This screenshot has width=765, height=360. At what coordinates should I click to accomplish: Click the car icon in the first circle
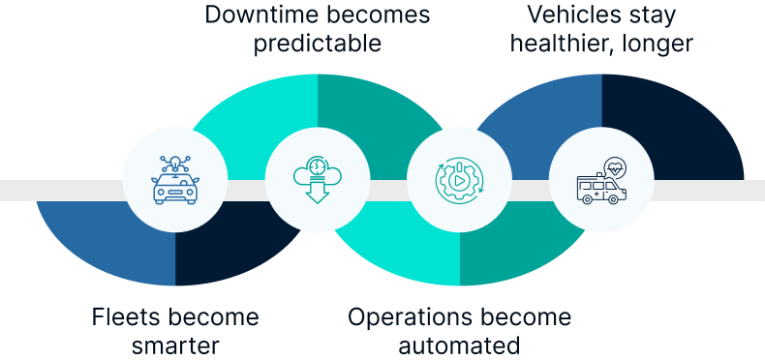[175, 186]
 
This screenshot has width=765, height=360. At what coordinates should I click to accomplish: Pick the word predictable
[318, 45]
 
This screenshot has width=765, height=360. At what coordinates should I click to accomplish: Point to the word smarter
[175, 345]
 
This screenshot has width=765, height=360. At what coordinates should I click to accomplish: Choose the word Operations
[405, 317]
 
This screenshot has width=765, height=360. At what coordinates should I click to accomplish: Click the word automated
[459, 345]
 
